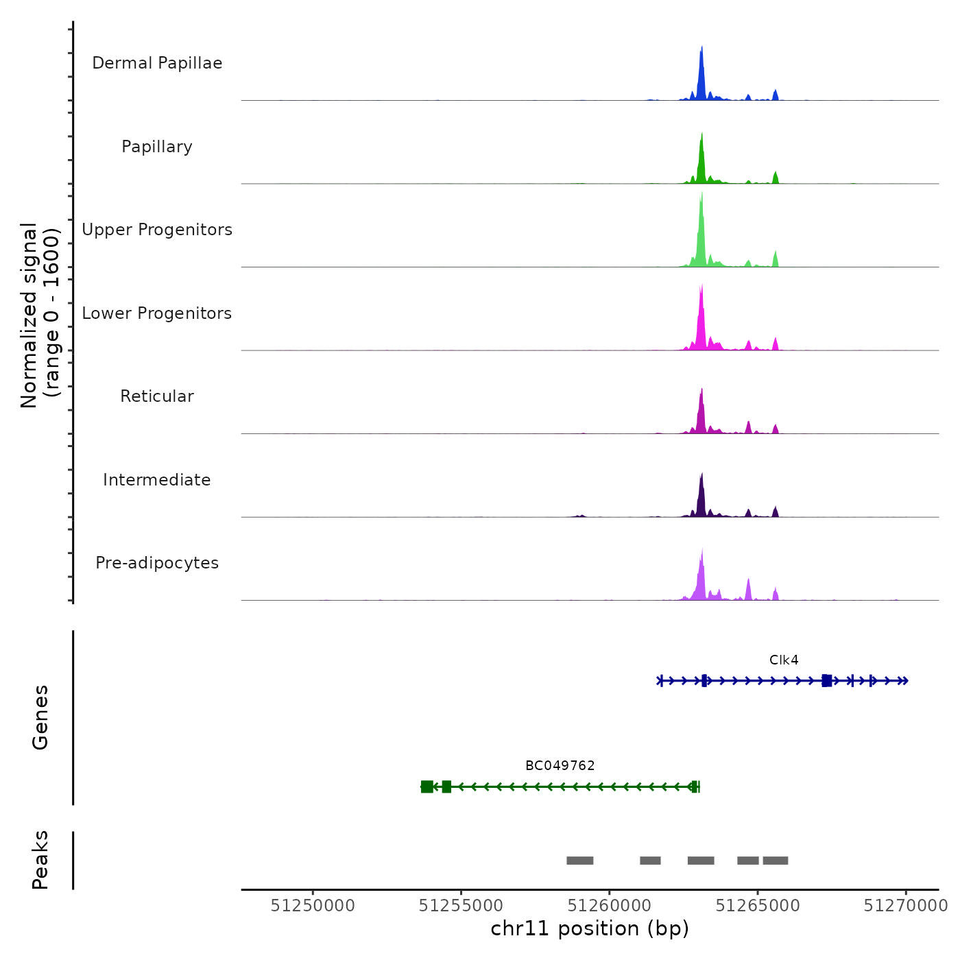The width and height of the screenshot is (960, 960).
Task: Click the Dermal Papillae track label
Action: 157,63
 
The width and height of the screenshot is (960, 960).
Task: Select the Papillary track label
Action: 157,147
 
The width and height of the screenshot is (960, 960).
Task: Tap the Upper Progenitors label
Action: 157,230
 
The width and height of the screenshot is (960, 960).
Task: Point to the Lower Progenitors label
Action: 157,313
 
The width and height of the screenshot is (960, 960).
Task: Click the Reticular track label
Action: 157,396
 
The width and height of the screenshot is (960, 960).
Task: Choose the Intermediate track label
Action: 157,480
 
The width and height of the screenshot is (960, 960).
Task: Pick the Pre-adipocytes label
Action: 157,563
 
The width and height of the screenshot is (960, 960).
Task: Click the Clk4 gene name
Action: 784,660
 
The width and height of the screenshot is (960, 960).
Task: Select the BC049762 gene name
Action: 560,766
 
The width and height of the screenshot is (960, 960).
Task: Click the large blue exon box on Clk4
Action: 827,680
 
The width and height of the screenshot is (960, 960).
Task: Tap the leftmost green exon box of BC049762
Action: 427,787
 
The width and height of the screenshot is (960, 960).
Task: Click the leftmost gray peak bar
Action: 580,861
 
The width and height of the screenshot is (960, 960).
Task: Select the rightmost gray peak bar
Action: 776,861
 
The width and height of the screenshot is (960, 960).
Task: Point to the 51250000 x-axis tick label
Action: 313,906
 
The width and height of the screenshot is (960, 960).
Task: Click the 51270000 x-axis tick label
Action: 906,906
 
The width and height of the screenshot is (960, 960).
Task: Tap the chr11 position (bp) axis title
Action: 590,928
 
